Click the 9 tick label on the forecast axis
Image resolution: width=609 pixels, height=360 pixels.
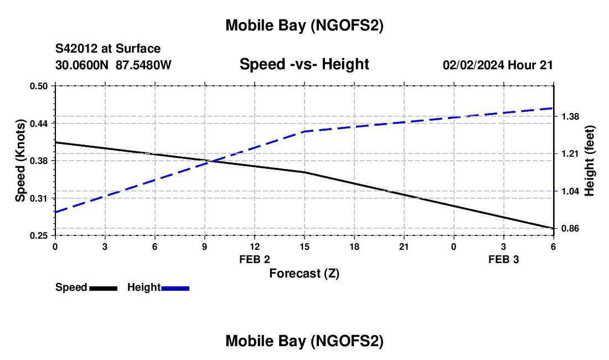click(205, 246)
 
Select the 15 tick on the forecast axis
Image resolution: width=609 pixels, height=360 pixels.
click(304, 246)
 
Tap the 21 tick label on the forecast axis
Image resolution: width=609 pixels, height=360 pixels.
click(404, 246)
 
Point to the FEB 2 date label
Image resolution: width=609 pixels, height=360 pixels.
click(255, 259)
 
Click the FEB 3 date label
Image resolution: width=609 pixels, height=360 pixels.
click(504, 259)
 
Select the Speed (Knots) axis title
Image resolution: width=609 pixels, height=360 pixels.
click(20, 161)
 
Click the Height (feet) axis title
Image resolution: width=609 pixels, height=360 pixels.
click(590, 161)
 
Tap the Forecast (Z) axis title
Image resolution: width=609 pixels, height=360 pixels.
click(304, 273)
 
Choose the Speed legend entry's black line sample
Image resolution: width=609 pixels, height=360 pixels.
click(103, 288)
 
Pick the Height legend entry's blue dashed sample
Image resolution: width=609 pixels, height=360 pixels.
click(175, 288)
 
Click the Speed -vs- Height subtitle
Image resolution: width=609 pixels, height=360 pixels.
click(304, 64)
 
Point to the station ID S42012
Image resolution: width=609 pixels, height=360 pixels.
click(77, 49)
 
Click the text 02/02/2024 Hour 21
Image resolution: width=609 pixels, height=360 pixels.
click(498, 65)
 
